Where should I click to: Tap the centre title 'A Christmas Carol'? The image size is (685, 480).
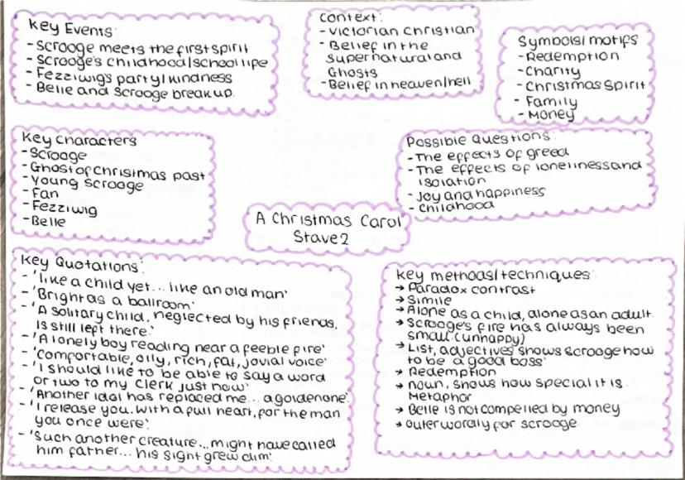coord(324,222)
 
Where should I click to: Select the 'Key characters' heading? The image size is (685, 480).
coord(81,140)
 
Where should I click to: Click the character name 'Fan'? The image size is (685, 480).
coord(44,195)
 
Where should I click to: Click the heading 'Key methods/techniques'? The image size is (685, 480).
coord(493,275)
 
